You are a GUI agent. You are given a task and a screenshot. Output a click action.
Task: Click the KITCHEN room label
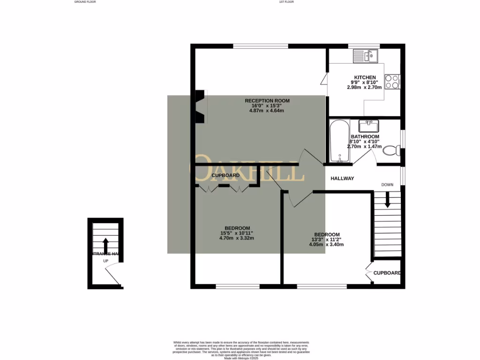(365, 77)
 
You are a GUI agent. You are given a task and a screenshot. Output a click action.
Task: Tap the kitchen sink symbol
(366, 56)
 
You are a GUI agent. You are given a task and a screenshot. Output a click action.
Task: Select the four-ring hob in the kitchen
(392, 82)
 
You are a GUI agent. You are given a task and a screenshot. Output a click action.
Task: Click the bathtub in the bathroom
(338, 141)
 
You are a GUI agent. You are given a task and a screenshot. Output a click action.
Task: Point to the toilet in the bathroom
(390, 151)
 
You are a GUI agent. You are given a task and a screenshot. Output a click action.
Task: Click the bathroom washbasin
(369, 126)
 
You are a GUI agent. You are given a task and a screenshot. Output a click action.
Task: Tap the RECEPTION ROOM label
(267, 101)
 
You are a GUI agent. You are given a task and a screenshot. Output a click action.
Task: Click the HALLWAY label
(342, 179)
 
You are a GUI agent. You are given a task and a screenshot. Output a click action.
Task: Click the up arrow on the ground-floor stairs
(105, 245)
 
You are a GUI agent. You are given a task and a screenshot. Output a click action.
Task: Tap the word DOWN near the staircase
(387, 185)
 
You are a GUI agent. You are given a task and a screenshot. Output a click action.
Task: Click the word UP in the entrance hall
(105, 261)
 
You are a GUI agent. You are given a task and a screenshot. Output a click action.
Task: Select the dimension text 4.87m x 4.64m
(267, 111)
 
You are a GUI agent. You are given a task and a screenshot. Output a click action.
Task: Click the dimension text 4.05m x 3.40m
(327, 245)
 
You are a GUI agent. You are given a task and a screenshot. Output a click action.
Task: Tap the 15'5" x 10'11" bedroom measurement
(237, 233)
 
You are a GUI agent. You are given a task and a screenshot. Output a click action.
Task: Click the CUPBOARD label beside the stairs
(387, 273)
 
